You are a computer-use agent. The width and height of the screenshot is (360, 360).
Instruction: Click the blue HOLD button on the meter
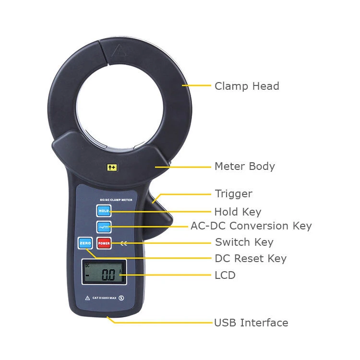tap(104, 210)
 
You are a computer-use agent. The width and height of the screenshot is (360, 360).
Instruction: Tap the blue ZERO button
tap(85, 243)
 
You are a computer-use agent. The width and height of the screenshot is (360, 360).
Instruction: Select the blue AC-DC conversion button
tap(104, 227)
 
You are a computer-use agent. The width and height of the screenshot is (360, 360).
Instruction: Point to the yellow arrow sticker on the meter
tap(112, 167)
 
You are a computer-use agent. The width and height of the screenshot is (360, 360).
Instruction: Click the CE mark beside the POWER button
tap(124, 243)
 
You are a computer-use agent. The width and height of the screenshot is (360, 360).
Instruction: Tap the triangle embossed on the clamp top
tap(119, 50)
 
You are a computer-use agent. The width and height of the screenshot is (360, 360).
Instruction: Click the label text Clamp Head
tap(247, 86)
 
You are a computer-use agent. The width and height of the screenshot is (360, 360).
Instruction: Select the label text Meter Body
tap(244, 167)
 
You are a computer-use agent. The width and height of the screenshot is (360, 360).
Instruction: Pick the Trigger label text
tap(233, 194)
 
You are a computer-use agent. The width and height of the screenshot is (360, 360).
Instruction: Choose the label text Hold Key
tap(238, 212)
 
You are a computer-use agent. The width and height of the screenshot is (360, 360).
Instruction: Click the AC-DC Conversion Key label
tap(251, 226)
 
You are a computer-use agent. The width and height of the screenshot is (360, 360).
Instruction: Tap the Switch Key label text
tap(244, 242)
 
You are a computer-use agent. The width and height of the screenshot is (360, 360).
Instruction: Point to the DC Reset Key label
tap(251, 259)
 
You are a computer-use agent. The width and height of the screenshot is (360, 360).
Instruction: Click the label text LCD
tap(225, 276)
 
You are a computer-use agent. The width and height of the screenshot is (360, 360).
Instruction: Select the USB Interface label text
tap(251, 323)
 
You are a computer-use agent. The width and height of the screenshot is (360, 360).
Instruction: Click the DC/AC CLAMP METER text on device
tap(116, 199)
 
